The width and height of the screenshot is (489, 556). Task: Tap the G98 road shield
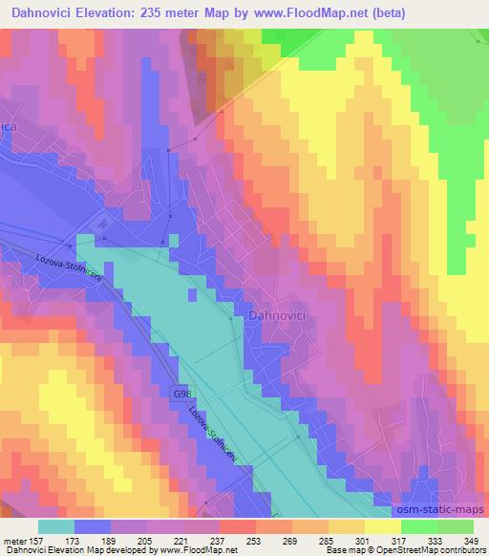pos(181,394)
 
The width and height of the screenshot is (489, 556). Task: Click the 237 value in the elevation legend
pos(218,540)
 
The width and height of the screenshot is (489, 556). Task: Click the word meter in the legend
pos(13,540)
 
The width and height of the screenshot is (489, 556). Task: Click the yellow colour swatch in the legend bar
pos(382,526)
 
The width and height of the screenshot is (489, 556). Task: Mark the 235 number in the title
pos(164,13)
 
